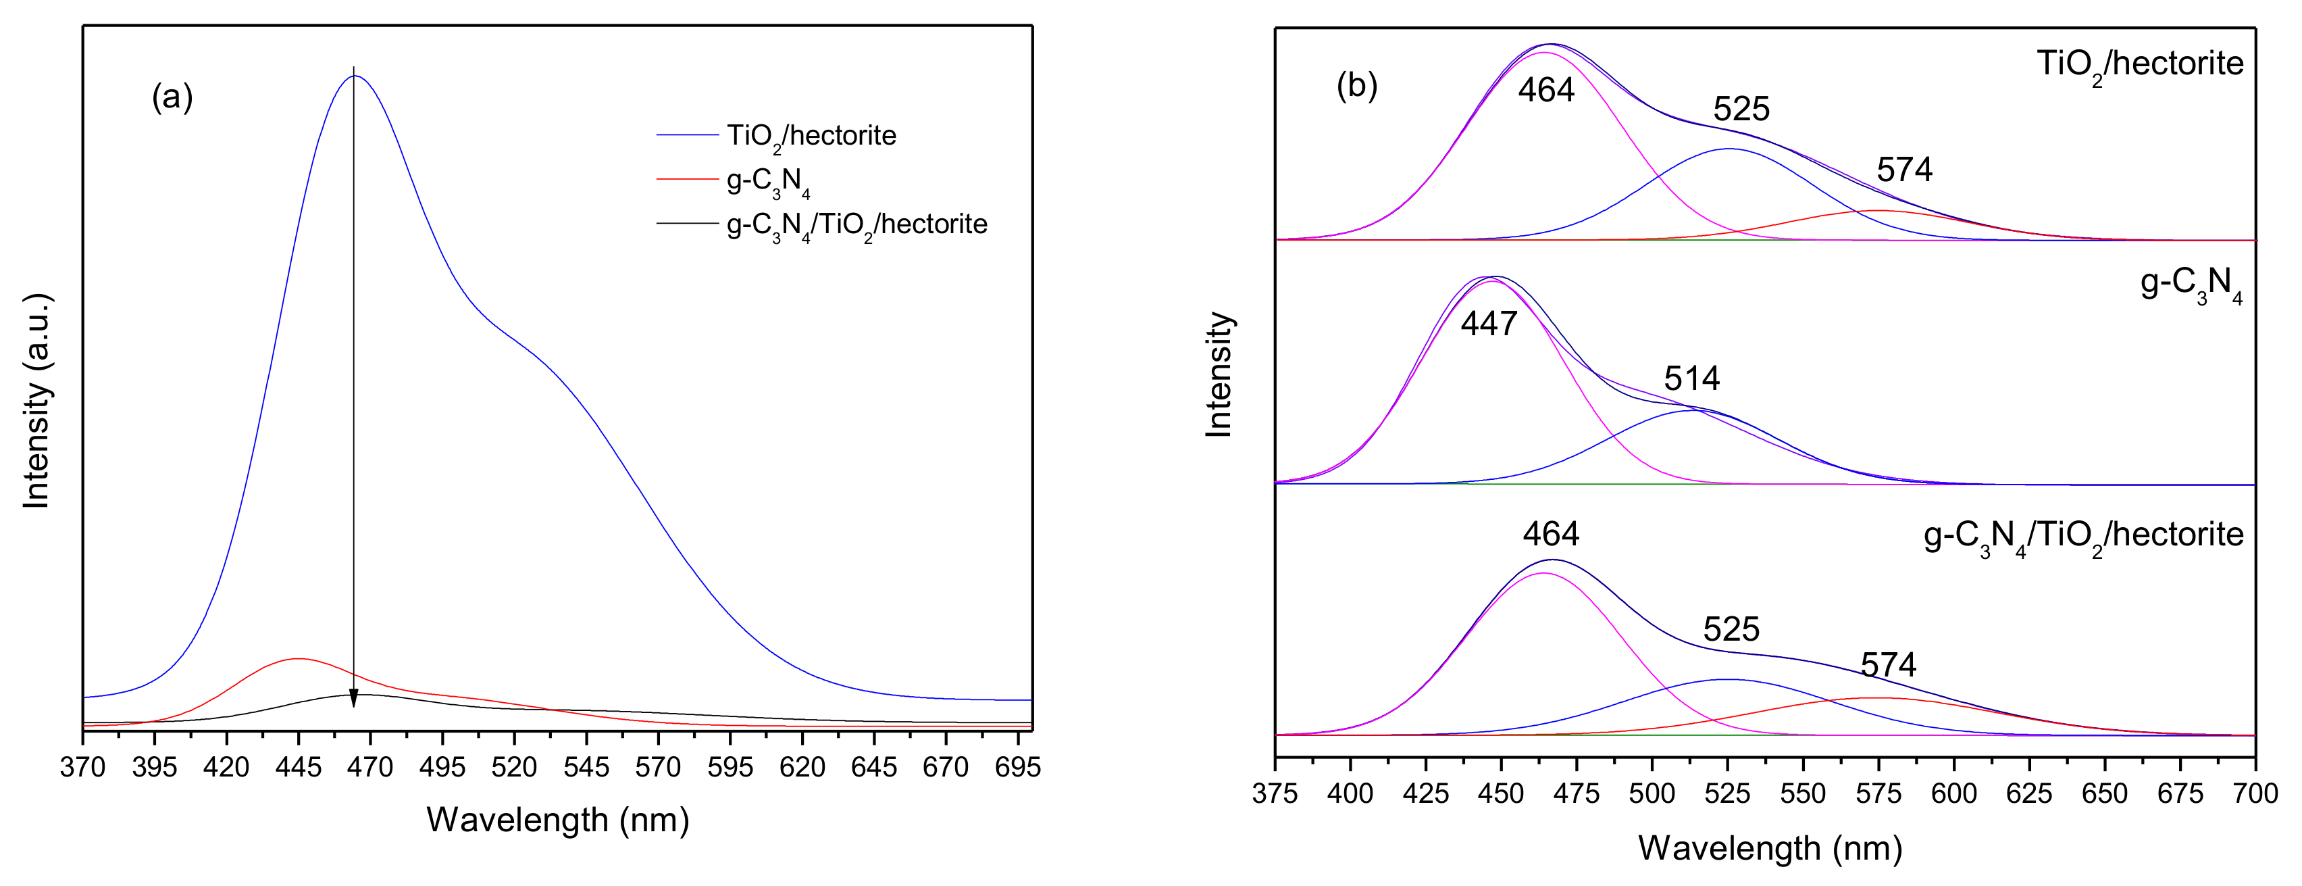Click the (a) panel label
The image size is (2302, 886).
(172, 97)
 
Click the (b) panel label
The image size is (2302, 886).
(1356, 86)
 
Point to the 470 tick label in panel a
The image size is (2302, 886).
(370, 767)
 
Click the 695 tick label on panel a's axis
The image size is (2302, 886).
(1017, 767)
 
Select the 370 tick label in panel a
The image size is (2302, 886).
(83, 767)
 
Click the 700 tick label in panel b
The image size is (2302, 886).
(2255, 793)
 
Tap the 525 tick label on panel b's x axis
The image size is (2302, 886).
(1726, 793)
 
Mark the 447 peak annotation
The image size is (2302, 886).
(1489, 324)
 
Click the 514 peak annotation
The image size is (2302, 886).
(1691, 379)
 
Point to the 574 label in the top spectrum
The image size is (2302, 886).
(1904, 170)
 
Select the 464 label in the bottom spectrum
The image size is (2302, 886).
(1552, 535)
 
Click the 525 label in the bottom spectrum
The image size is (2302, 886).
(1731, 629)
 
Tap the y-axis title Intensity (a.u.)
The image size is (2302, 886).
(36, 401)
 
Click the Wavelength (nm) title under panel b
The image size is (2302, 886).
(1770, 847)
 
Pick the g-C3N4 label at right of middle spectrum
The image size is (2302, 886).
(2191, 285)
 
